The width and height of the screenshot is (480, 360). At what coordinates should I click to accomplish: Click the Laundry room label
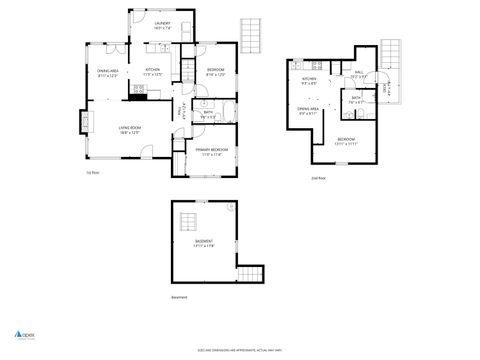click(x=162, y=24)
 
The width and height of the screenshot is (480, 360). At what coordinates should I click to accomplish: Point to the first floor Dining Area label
click(x=108, y=72)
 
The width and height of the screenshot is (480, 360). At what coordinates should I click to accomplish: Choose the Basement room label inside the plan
click(x=204, y=243)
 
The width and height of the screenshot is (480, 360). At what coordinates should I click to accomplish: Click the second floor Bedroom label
click(x=345, y=140)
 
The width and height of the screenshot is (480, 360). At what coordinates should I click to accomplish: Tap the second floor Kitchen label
click(x=309, y=80)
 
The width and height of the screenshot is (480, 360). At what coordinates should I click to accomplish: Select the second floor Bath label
click(x=355, y=98)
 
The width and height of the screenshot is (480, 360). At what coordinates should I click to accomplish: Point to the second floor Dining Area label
click(x=308, y=110)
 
